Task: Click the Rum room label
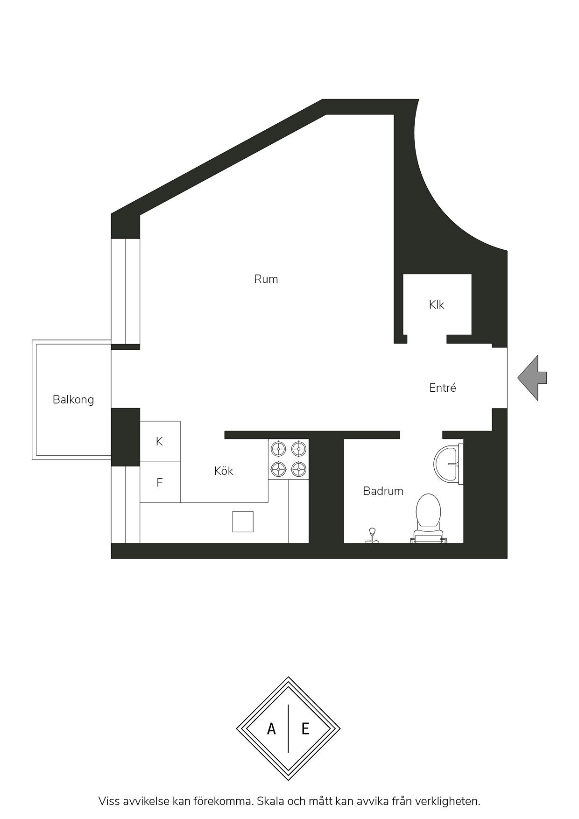click(x=266, y=279)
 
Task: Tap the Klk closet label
click(x=437, y=305)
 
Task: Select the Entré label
click(x=443, y=388)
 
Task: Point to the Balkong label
click(x=73, y=400)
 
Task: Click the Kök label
click(x=224, y=471)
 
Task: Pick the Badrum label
click(x=383, y=491)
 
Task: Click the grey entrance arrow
click(x=532, y=378)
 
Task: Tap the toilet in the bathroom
click(x=428, y=518)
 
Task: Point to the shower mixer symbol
click(x=372, y=536)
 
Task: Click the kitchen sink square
click(x=243, y=522)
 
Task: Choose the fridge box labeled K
click(x=160, y=442)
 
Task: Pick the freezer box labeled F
click(x=160, y=482)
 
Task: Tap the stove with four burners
click(x=289, y=459)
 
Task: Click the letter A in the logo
click(x=271, y=729)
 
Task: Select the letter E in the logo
click(x=305, y=729)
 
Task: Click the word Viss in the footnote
click(x=109, y=801)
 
